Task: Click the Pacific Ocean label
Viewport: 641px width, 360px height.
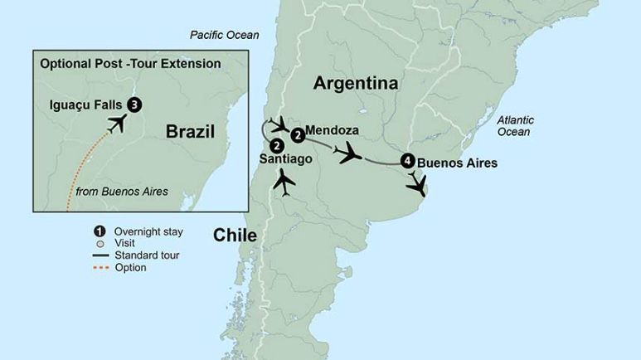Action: pos(224,35)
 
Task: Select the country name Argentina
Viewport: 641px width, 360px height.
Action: pos(356,83)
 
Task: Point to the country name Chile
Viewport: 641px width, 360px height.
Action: pos(235,235)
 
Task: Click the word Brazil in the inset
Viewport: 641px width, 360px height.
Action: pos(189,131)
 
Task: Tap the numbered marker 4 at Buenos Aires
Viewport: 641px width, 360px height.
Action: pos(406,161)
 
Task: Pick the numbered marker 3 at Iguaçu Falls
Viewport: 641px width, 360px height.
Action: pos(134,105)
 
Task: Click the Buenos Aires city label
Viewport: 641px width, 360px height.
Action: pos(457,163)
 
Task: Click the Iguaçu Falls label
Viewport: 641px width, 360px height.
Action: pos(85,105)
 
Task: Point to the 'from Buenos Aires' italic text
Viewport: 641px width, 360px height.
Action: pos(121,192)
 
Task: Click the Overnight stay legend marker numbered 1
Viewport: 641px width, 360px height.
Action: pos(99,231)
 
